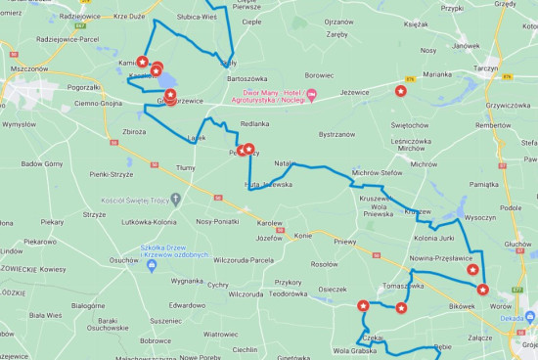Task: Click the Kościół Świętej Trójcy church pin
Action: tap(175, 199)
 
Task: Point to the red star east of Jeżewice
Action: tap(400, 91)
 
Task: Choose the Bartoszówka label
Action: tap(247, 77)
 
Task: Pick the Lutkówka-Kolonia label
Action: tap(150, 222)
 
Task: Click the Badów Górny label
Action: tap(41, 164)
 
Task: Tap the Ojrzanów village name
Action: tap(338, 22)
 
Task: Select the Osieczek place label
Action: tap(333, 289)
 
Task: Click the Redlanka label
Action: tap(254, 124)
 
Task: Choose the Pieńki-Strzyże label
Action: tap(111, 174)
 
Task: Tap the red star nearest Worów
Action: tap(482, 289)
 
